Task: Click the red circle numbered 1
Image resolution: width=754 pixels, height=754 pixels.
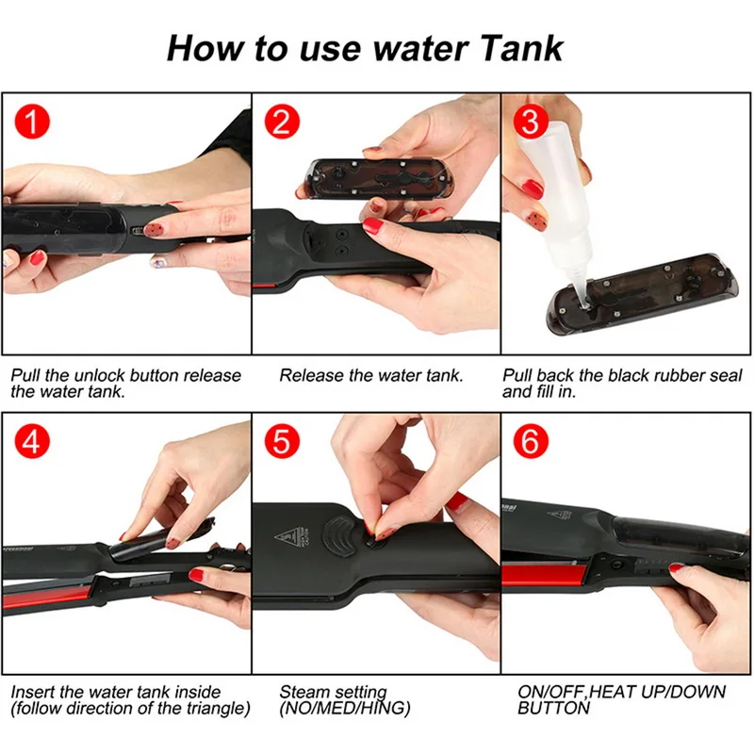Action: (x=32, y=122)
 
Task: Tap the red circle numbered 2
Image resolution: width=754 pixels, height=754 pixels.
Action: (x=282, y=122)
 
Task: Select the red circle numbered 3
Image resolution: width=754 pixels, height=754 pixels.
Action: (x=531, y=122)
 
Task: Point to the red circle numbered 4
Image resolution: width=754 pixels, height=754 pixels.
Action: (x=32, y=441)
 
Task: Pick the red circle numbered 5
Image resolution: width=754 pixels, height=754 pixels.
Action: (x=282, y=441)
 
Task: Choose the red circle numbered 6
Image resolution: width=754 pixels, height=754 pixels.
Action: (x=531, y=441)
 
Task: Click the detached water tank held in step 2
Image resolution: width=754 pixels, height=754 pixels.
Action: (x=379, y=179)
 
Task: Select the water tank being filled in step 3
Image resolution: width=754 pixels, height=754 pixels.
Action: (x=642, y=294)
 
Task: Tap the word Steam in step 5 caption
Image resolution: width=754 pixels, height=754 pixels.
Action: (x=304, y=692)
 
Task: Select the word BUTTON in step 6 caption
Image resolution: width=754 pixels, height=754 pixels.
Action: (x=553, y=709)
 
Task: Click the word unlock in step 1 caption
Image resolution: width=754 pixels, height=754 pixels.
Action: (x=100, y=375)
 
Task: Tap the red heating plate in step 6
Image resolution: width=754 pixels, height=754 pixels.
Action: (x=544, y=575)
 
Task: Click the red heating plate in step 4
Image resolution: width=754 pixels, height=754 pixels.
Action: (x=47, y=597)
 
